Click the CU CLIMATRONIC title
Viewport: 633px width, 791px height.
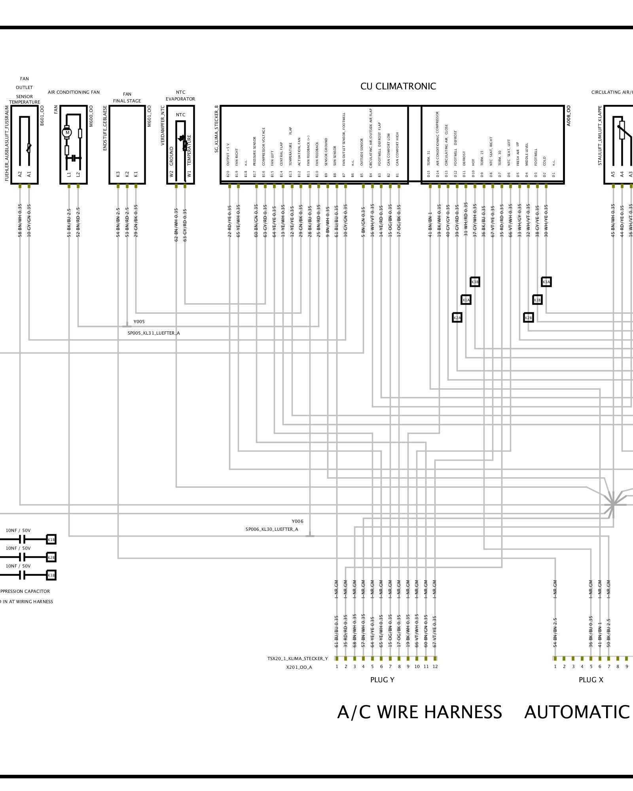[x=398, y=87]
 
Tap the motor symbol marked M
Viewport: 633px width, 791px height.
[x=67, y=132]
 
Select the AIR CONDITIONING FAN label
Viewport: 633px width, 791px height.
[x=74, y=92]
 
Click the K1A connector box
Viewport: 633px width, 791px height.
[x=466, y=300]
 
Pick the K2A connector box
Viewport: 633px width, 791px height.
[x=457, y=318]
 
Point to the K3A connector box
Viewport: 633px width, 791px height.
[x=546, y=282]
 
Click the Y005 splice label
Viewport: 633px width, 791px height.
[x=139, y=322]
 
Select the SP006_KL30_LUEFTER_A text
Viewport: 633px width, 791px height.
[x=272, y=529]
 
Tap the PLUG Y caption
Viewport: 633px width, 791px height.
[x=382, y=680]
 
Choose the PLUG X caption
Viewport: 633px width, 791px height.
[x=591, y=680]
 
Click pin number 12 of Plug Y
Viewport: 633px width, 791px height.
[x=435, y=666]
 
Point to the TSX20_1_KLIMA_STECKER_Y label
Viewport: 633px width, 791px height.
[x=298, y=659]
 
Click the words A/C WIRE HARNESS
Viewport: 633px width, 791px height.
[x=419, y=712]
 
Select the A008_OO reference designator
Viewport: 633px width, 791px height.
[x=569, y=115]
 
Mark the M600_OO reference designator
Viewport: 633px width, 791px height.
[x=91, y=116]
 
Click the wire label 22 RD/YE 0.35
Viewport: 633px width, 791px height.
[x=229, y=221]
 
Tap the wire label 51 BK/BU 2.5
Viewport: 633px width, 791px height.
[x=69, y=223]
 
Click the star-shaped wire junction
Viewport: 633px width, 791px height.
[x=612, y=504]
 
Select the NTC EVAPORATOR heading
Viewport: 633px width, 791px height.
[x=180, y=95]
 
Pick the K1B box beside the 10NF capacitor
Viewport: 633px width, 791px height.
[x=51, y=539]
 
